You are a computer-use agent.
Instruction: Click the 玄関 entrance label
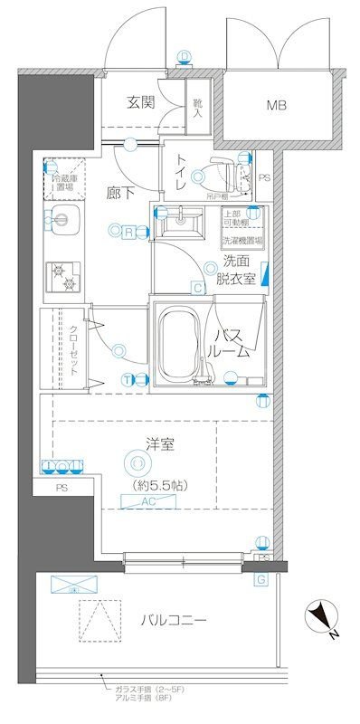[x=140, y=102]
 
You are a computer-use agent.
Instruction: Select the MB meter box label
[x=277, y=106]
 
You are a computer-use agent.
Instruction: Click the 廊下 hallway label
[x=117, y=193]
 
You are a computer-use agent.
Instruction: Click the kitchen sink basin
[x=63, y=217]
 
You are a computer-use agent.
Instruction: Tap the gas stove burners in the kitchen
[x=63, y=277]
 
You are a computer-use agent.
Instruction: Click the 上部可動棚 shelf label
[x=237, y=218]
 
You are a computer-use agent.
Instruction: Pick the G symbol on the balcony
[x=261, y=579]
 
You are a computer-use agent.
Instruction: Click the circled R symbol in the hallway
[x=129, y=232]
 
